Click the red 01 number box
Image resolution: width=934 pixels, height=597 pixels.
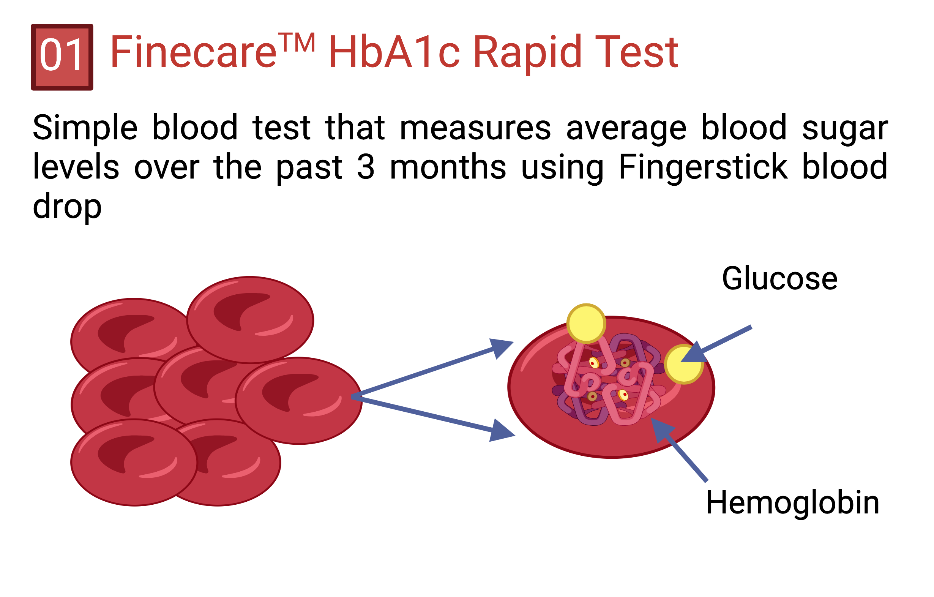62,57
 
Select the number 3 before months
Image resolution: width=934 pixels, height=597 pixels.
366,167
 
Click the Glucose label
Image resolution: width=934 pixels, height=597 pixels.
779,278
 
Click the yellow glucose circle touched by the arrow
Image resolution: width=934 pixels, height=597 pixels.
683,364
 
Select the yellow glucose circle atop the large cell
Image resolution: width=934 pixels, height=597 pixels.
586,324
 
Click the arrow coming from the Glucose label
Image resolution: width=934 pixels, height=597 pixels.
716,344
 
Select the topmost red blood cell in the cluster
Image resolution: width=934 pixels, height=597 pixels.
250,320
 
